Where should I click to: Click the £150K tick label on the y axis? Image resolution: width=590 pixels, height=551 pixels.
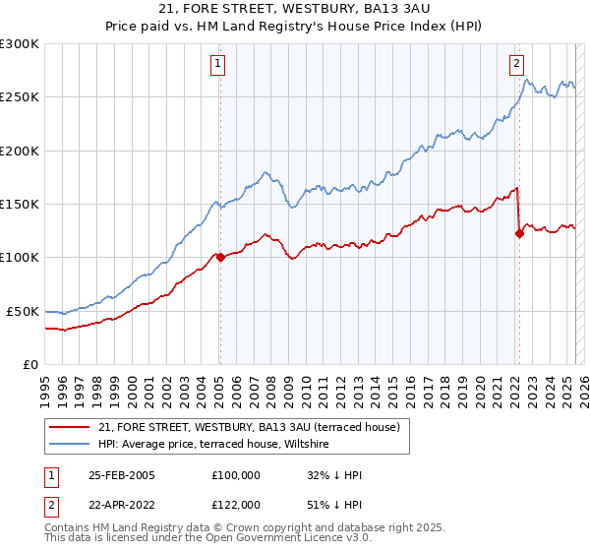point(19,205)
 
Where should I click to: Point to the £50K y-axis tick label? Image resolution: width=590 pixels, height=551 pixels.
point(22,311)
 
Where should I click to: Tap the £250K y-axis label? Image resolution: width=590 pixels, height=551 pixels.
point(19,97)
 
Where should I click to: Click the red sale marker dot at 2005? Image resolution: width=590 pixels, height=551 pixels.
point(220,258)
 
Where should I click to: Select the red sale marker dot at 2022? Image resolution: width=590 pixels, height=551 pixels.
point(519,233)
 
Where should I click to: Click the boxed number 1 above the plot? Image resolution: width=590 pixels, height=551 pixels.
point(217,65)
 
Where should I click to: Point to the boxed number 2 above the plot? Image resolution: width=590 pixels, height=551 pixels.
point(516,65)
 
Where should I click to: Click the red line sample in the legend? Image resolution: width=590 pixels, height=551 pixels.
point(71,428)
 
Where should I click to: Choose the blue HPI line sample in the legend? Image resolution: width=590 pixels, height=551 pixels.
point(71,445)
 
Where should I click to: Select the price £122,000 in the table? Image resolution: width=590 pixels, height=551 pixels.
point(235,505)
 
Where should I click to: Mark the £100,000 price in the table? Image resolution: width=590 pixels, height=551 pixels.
point(235,475)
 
